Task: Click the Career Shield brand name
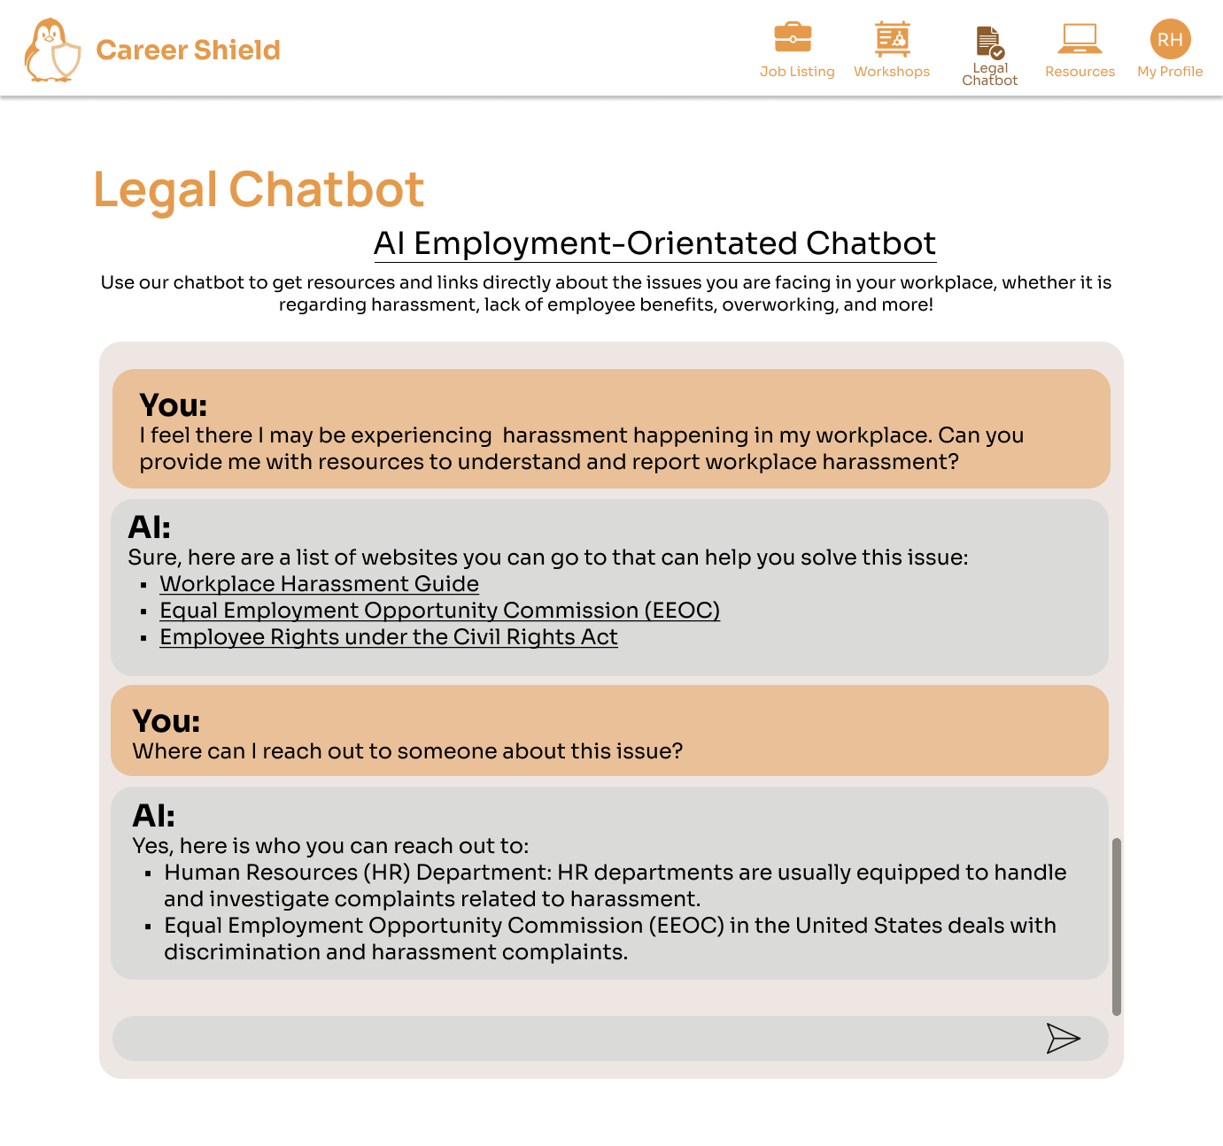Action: tap(188, 50)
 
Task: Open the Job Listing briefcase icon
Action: tap(793, 38)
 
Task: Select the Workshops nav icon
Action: tap(892, 38)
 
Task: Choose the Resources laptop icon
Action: tap(1080, 38)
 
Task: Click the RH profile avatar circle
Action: tap(1170, 39)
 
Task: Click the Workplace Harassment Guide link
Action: tap(319, 584)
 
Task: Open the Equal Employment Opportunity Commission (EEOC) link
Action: tap(439, 611)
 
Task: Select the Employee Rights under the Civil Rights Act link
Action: tap(388, 637)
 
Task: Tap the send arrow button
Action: tap(1063, 1038)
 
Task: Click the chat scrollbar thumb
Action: tap(1117, 926)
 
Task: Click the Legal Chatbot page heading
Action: tap(259, 189)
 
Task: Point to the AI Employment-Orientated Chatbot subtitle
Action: tap(654, 243)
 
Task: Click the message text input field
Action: tap(576, 1038)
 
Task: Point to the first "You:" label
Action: tap(174, 405)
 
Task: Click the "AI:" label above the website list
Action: tap(150, 527)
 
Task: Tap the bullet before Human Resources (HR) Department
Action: tap(148, 873)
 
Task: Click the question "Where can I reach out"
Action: tap(407, 751)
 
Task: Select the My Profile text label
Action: tap(1170, 72)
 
